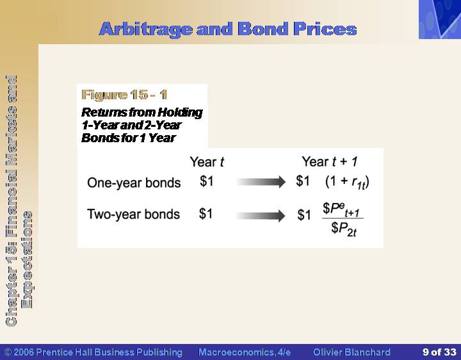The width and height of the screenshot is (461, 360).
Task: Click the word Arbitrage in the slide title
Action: tap(146, 29)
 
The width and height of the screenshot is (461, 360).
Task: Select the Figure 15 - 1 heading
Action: tap(124, 95)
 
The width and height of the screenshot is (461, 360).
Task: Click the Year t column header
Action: tap(207, 162)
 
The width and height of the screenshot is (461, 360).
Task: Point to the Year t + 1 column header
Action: tap(330, 161)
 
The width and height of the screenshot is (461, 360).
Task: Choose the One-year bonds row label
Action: tap(134, 183)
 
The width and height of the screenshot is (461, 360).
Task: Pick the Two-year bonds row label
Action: tap(133, 214)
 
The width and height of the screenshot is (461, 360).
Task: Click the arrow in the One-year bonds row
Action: tap(261, 182)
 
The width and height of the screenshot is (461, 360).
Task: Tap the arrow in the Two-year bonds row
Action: tap(261, 216)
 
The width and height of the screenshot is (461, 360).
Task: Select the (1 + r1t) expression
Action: tap(347, 183)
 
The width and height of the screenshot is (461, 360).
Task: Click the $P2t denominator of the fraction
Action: tap(344, 229)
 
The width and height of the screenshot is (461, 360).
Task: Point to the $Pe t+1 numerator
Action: tap(341, 209)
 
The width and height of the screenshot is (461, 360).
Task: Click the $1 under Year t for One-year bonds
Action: tap(206, 181)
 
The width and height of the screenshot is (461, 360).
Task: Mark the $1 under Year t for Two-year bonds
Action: tap(206, 213)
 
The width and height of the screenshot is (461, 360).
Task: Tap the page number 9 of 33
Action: tap(439, 352)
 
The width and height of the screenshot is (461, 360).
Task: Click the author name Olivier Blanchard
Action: tap(352, 352)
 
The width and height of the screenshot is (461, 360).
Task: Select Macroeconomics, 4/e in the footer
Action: tap(245, 352)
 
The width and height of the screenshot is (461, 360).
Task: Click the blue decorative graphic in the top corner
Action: tap(440, 19)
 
